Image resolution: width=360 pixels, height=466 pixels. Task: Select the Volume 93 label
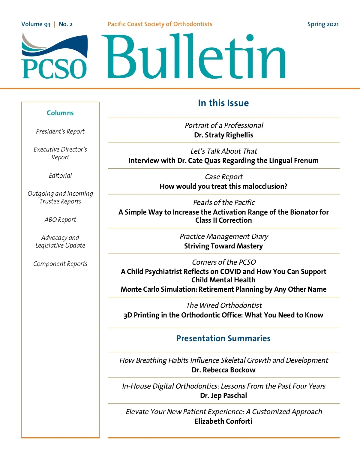tap(36, 24)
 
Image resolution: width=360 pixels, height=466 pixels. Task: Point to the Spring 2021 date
tap(323, 24)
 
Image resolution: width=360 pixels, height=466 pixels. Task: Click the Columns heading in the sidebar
tap(60, 113)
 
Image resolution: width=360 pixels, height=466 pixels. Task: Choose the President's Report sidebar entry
tap(60, 131)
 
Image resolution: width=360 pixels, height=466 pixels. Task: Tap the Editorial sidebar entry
tap(60, 176)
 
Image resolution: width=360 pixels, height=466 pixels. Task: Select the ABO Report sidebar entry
tap(60, 220)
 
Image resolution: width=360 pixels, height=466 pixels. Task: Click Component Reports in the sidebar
tap(60, 264)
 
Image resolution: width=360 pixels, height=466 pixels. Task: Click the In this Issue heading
tap(223, 103)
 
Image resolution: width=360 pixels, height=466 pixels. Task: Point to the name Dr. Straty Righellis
tap(223, 135)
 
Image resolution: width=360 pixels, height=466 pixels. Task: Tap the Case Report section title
tap(223, 177)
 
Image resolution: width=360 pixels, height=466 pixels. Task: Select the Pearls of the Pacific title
tap(224, 203)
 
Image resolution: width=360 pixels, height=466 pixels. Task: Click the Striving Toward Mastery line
tap(223, 246)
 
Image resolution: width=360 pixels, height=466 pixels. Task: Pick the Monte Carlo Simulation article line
tap(223, 289)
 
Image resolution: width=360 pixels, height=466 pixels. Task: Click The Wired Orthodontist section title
tap(224, 305)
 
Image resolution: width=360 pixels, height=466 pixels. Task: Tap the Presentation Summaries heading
tap(223, 338)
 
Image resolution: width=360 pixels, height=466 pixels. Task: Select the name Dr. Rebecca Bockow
tap(223, 370)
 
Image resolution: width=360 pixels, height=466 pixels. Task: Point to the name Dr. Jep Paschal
tap(223, 395)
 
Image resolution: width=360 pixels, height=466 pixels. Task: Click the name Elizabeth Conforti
tap(223, 421)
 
